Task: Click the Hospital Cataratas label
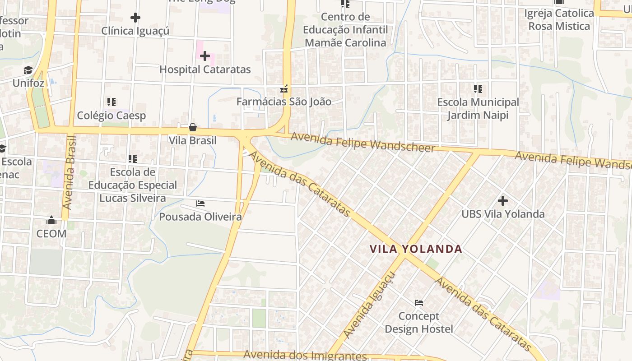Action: pos(205,69)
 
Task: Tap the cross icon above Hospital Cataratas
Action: pos(205,56)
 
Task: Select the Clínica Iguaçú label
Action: pos(135,31)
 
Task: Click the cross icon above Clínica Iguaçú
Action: pos(135,18)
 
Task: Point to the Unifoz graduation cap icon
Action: pos(28,70)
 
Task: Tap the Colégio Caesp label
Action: pos(112,116)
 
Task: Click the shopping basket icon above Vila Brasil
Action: pos(193,127)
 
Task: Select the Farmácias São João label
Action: pos(284,102)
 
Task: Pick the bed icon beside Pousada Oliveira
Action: pos(200,204)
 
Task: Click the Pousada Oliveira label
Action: pos(200,217)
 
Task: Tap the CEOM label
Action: pos(51,234)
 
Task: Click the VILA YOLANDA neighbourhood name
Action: pos(416,249)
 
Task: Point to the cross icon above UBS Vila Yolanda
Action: pos(503,200)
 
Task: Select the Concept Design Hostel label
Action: pos(419,323)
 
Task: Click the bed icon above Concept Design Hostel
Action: pos(419,302)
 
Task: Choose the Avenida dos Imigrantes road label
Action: pos(305,356)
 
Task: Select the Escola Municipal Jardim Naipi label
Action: pos(478,109)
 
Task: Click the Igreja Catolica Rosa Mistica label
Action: pos(559,20)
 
